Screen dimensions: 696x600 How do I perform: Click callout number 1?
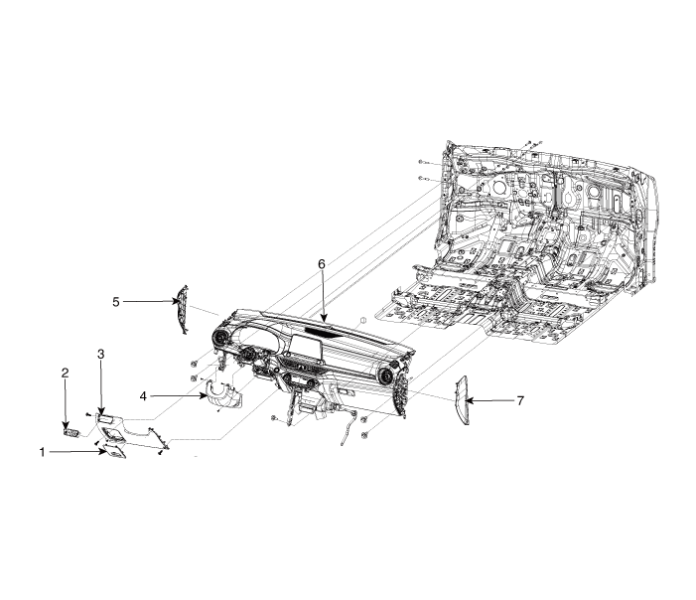point(43,453)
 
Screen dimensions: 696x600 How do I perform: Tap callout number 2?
point(65,373)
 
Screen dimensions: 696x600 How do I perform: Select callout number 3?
point(100,354)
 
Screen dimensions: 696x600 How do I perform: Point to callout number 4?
point(143,396)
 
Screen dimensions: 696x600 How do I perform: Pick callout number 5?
point(116,302)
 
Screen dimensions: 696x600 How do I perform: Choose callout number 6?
point(322,264)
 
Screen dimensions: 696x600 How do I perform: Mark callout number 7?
point(520,401)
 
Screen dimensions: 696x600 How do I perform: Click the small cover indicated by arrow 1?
point(115,451)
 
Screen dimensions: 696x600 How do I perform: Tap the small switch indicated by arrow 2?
point(71,432)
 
